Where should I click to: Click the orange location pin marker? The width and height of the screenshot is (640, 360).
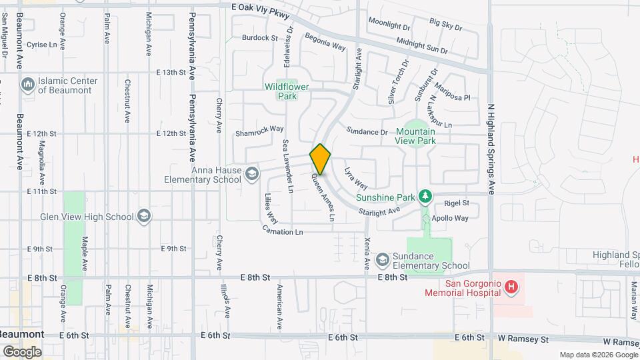(321, 159)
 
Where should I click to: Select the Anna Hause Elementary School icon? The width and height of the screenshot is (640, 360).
(252, 175)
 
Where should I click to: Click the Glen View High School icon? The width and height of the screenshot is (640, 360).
(144, 215)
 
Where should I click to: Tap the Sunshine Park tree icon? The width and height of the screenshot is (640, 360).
(424, 197)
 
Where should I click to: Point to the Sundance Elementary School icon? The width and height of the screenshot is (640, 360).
(383, 259)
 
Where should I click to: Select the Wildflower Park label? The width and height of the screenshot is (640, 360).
(289, 91)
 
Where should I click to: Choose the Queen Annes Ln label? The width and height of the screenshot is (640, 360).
(322, 197)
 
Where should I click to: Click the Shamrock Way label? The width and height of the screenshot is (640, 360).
(259, 133)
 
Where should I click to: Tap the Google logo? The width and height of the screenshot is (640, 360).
(21, 351)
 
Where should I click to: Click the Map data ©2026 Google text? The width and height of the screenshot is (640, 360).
(597, 355)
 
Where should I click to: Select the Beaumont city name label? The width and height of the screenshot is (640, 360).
(22, 334)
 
